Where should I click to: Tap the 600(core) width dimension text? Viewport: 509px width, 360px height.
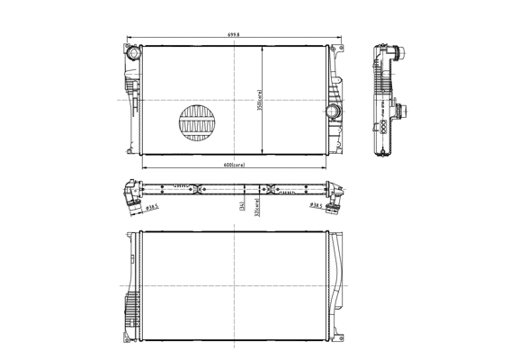[x=235, y=166]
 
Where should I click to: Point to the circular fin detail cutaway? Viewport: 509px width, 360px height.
[x=198, y=124]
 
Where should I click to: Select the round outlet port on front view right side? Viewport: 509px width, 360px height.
[x=331, y=112]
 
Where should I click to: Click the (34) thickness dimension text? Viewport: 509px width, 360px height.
[x=242, y=206]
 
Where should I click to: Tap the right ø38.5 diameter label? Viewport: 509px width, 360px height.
[x=316, y=206]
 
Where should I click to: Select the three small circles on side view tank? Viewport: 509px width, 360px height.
[x=381, y=127]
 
